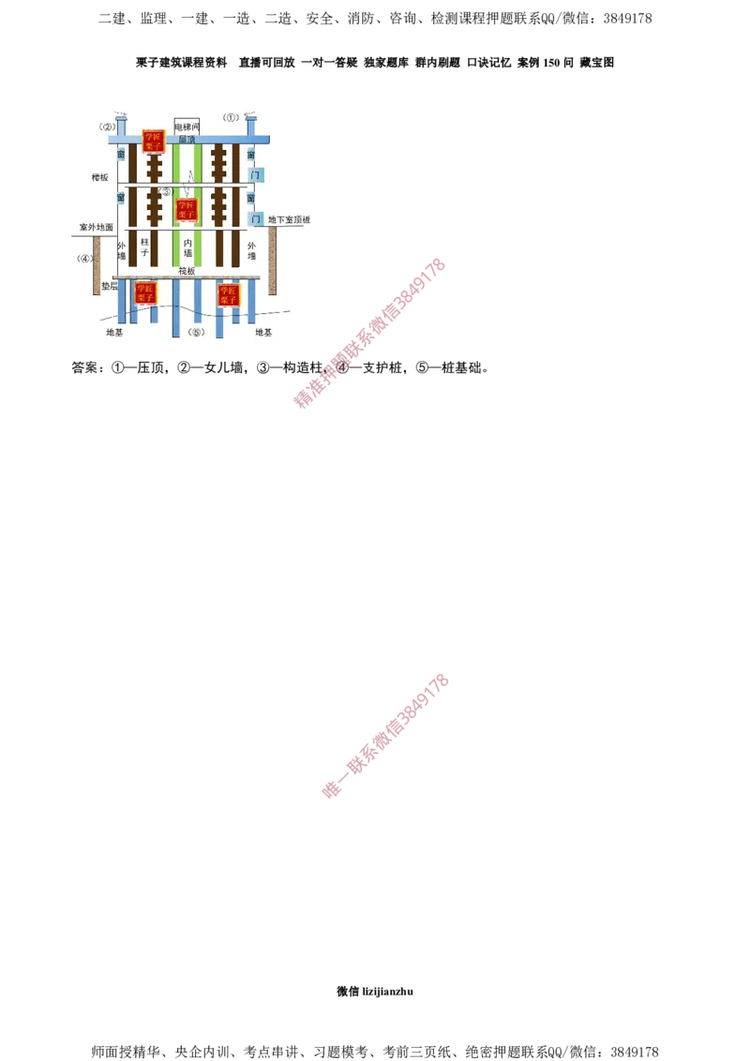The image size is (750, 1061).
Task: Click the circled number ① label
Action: tap(232, 118)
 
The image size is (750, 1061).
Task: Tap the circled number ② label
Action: tap(107, 127)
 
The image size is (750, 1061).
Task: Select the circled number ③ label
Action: tap(166, 192)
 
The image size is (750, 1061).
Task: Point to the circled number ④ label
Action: tap(85, 258)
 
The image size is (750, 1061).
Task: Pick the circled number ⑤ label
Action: tap(195, 333)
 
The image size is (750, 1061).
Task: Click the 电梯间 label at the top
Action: tap(187, 126)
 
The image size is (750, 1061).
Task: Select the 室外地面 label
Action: tap(96, 228)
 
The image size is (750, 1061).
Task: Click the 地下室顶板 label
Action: tap(288, 220)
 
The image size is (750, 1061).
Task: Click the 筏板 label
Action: tap(187, 271)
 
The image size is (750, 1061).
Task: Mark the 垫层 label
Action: tap(107, 285)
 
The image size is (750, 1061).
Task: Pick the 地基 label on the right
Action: tap(263, 332)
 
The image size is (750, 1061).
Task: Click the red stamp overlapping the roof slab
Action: tap(152, 141)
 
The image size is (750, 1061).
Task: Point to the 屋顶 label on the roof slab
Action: tap(187, 139)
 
